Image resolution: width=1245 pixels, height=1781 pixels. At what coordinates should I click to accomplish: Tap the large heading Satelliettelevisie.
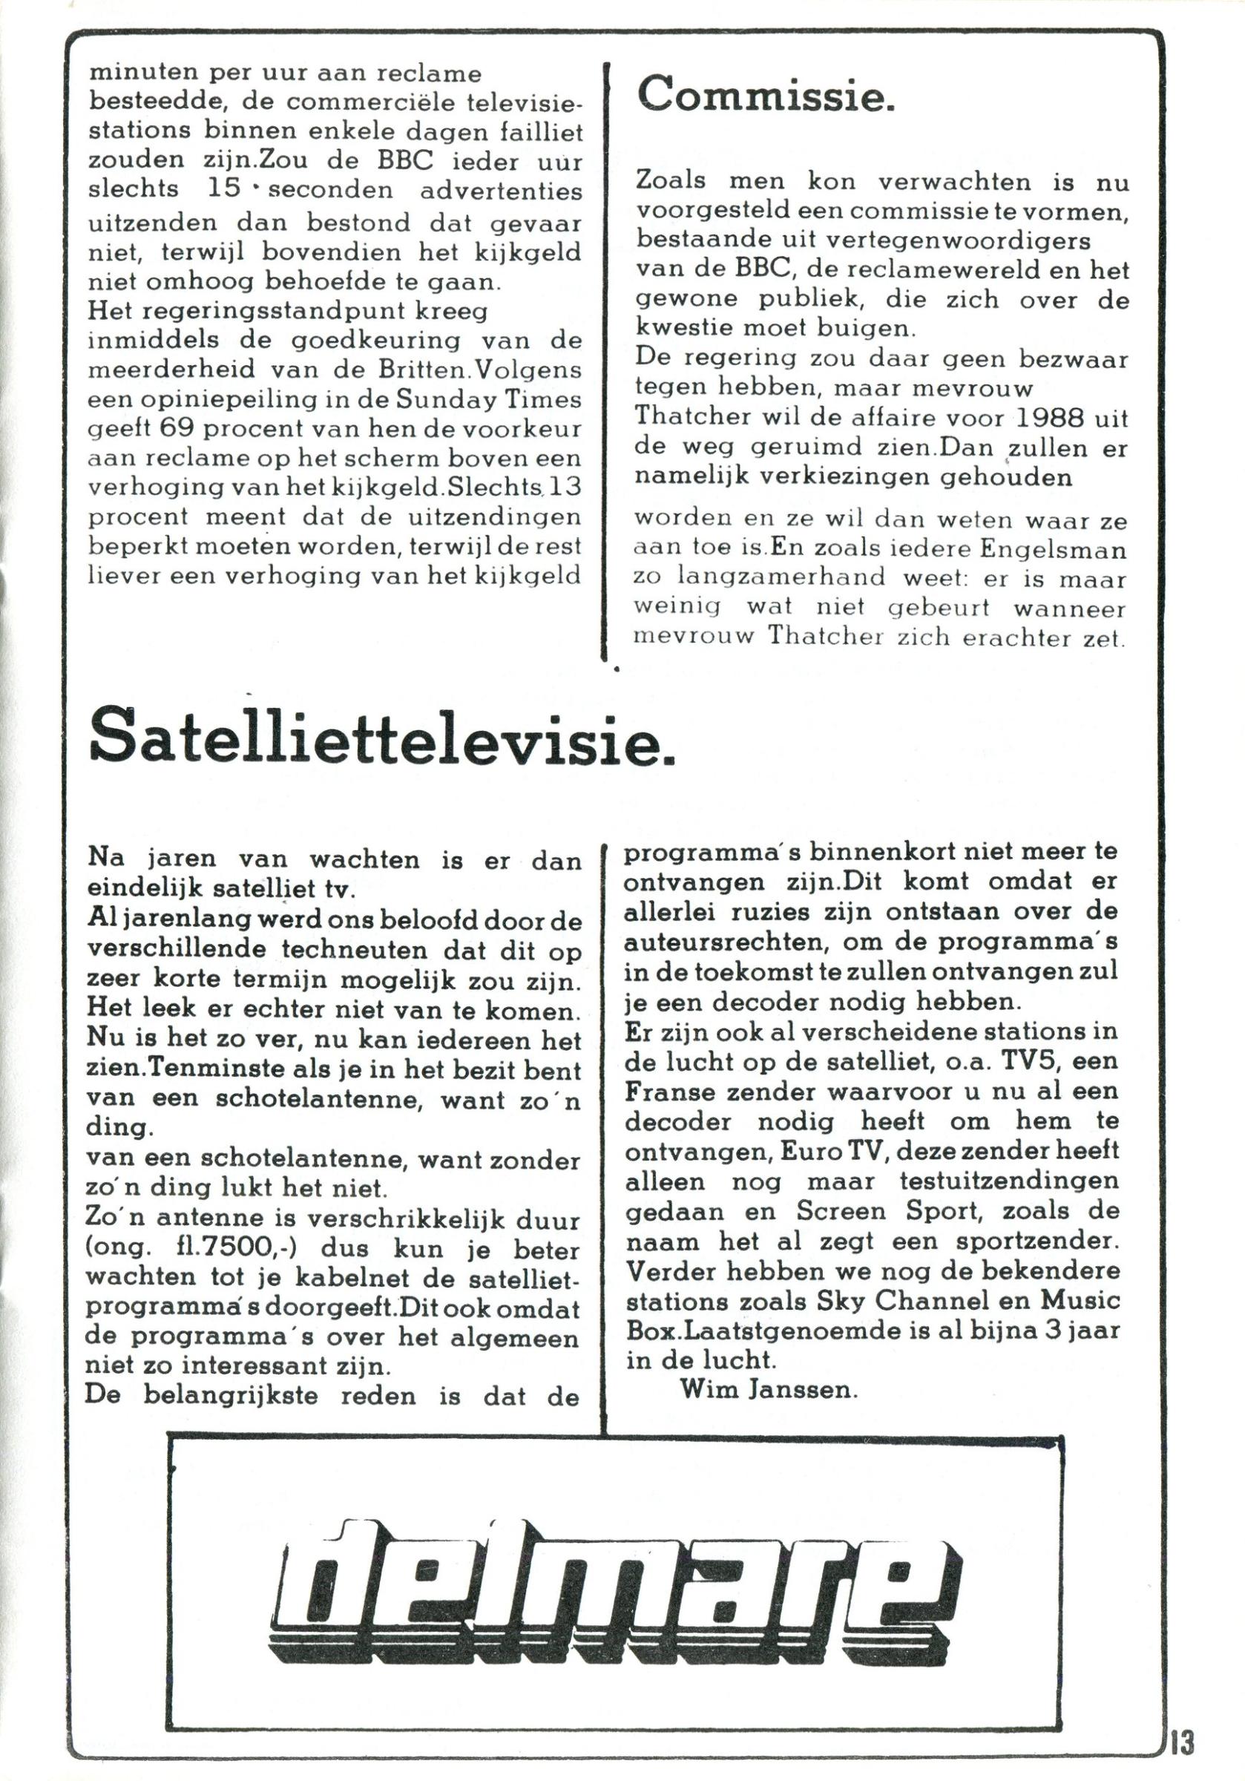tap(382, 735)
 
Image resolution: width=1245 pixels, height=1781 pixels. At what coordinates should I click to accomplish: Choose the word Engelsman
tap(1053, 548)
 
